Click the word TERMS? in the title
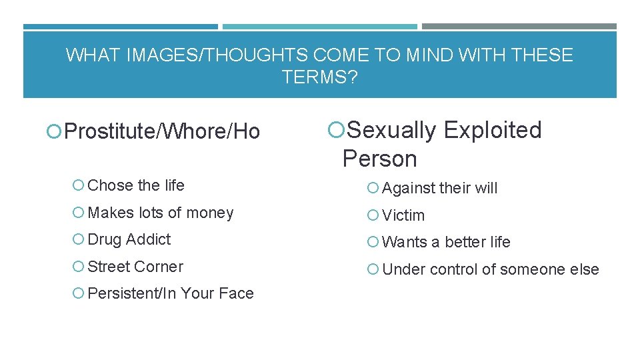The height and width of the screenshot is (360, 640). click(x=319, y=77)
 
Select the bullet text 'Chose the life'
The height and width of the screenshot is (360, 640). click(x=136, y=185)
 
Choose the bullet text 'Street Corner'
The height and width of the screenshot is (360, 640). click(x=135, y=267)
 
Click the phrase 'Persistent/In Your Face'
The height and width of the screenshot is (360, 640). click(x=171, y=293)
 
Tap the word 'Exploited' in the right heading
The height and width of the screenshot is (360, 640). click(x=493, y=130)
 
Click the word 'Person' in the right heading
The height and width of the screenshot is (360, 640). click(x=379, y=159)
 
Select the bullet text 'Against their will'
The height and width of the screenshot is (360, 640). click(x=440, y=188)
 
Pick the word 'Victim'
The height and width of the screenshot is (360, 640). click(x=403, y=215)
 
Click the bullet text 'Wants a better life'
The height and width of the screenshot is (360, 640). click(x=446, y=242)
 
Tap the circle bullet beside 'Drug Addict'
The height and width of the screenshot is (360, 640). click(x=79, y=240)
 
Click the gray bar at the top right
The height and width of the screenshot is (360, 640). click(x=519, y=27)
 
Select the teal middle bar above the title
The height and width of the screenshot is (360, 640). click(x=319, y=27)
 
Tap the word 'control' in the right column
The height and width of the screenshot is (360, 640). click(x=453, y=269)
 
